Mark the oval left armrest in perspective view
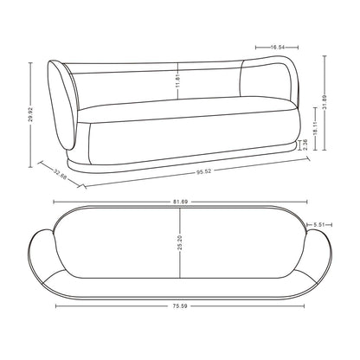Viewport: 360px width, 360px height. (x=62, y=104)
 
